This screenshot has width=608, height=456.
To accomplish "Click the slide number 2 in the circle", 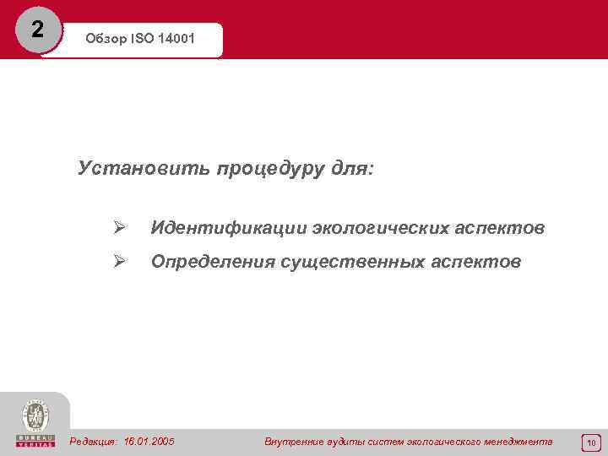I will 36,30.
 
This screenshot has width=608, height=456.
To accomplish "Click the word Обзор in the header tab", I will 105,40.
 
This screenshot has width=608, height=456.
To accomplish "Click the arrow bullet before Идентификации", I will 120,228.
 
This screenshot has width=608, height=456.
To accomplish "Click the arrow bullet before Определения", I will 120,262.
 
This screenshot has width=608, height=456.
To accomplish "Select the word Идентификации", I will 228,229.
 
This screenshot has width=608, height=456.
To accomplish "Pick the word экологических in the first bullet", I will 381,229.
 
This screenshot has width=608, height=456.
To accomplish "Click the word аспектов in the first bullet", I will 501,229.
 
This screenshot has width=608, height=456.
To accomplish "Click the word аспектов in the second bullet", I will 477,263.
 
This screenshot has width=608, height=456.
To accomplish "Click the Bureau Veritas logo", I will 35,423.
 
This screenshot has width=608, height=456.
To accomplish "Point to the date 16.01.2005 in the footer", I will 149,442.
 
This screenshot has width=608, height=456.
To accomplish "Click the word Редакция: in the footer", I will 94,442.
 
